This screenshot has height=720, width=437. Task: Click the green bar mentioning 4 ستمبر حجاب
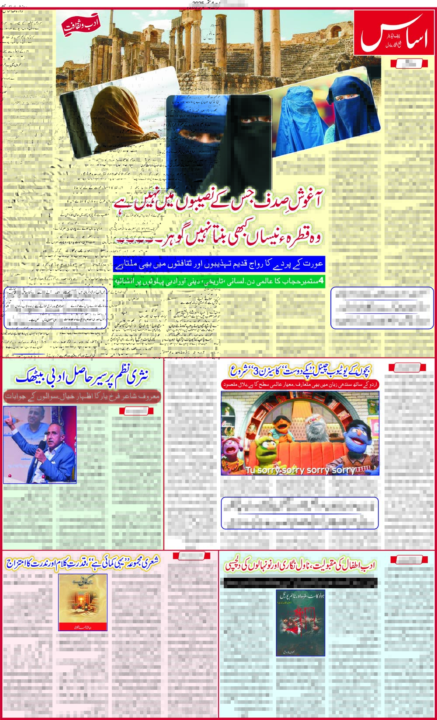click(x=219, y=281)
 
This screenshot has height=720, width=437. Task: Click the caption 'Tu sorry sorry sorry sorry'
click(x=300, y=470)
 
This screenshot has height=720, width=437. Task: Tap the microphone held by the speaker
click(x=41, y=447)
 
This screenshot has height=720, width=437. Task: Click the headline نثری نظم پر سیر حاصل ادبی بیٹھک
click(x=82, y=376)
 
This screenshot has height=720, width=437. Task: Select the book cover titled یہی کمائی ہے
click(x=83, y=602)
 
